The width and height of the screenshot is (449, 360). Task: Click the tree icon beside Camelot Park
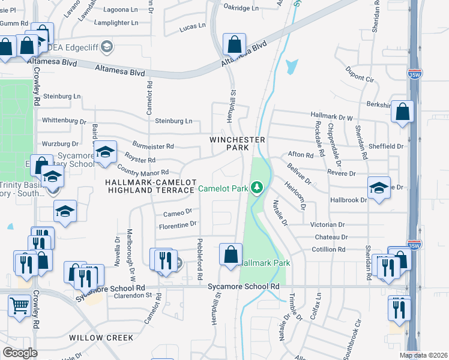pos(257,188)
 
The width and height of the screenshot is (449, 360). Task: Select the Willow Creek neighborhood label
pos(101,338)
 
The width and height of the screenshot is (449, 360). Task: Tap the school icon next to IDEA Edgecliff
pos(106,47)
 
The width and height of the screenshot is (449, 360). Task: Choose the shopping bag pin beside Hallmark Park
pos(231,254)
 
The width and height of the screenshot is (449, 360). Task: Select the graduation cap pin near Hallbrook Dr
pos(379,188)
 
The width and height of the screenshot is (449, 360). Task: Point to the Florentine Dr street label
pos(177,224)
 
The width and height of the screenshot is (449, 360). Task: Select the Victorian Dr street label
pos(328,224)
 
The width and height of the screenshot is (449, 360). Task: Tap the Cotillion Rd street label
pos(328,249)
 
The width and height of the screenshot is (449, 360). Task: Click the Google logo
pos(20,353)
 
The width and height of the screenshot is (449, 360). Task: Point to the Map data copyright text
pos(424,355)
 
